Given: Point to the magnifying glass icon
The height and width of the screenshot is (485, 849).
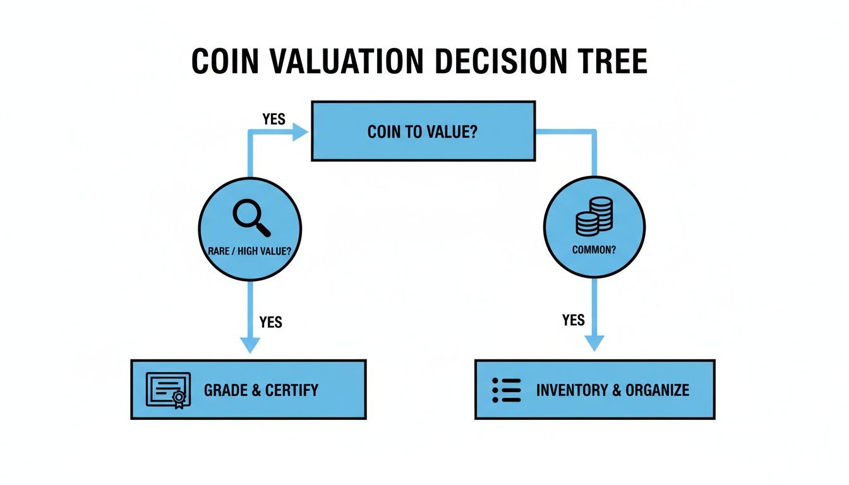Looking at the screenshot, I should (251, 217).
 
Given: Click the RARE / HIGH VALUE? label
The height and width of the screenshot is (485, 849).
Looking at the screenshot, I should (250, 251).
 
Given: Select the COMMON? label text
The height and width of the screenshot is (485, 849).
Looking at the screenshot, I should (594, 249).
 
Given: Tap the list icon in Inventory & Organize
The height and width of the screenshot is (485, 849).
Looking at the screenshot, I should (506, 390).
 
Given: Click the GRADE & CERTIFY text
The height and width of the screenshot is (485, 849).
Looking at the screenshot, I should (261, 390).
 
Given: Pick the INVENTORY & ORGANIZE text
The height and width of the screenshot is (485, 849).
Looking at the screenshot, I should (612, 390).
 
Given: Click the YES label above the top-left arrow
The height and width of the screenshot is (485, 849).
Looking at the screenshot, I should (274, 119).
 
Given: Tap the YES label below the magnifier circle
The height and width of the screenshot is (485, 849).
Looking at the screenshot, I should (270, 322).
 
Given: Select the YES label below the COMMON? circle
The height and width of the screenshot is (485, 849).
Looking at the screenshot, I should (573, 321).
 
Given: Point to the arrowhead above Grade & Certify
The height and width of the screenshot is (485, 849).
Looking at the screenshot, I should (250, 345).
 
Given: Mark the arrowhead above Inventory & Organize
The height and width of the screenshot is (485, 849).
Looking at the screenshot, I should (594, 343).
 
